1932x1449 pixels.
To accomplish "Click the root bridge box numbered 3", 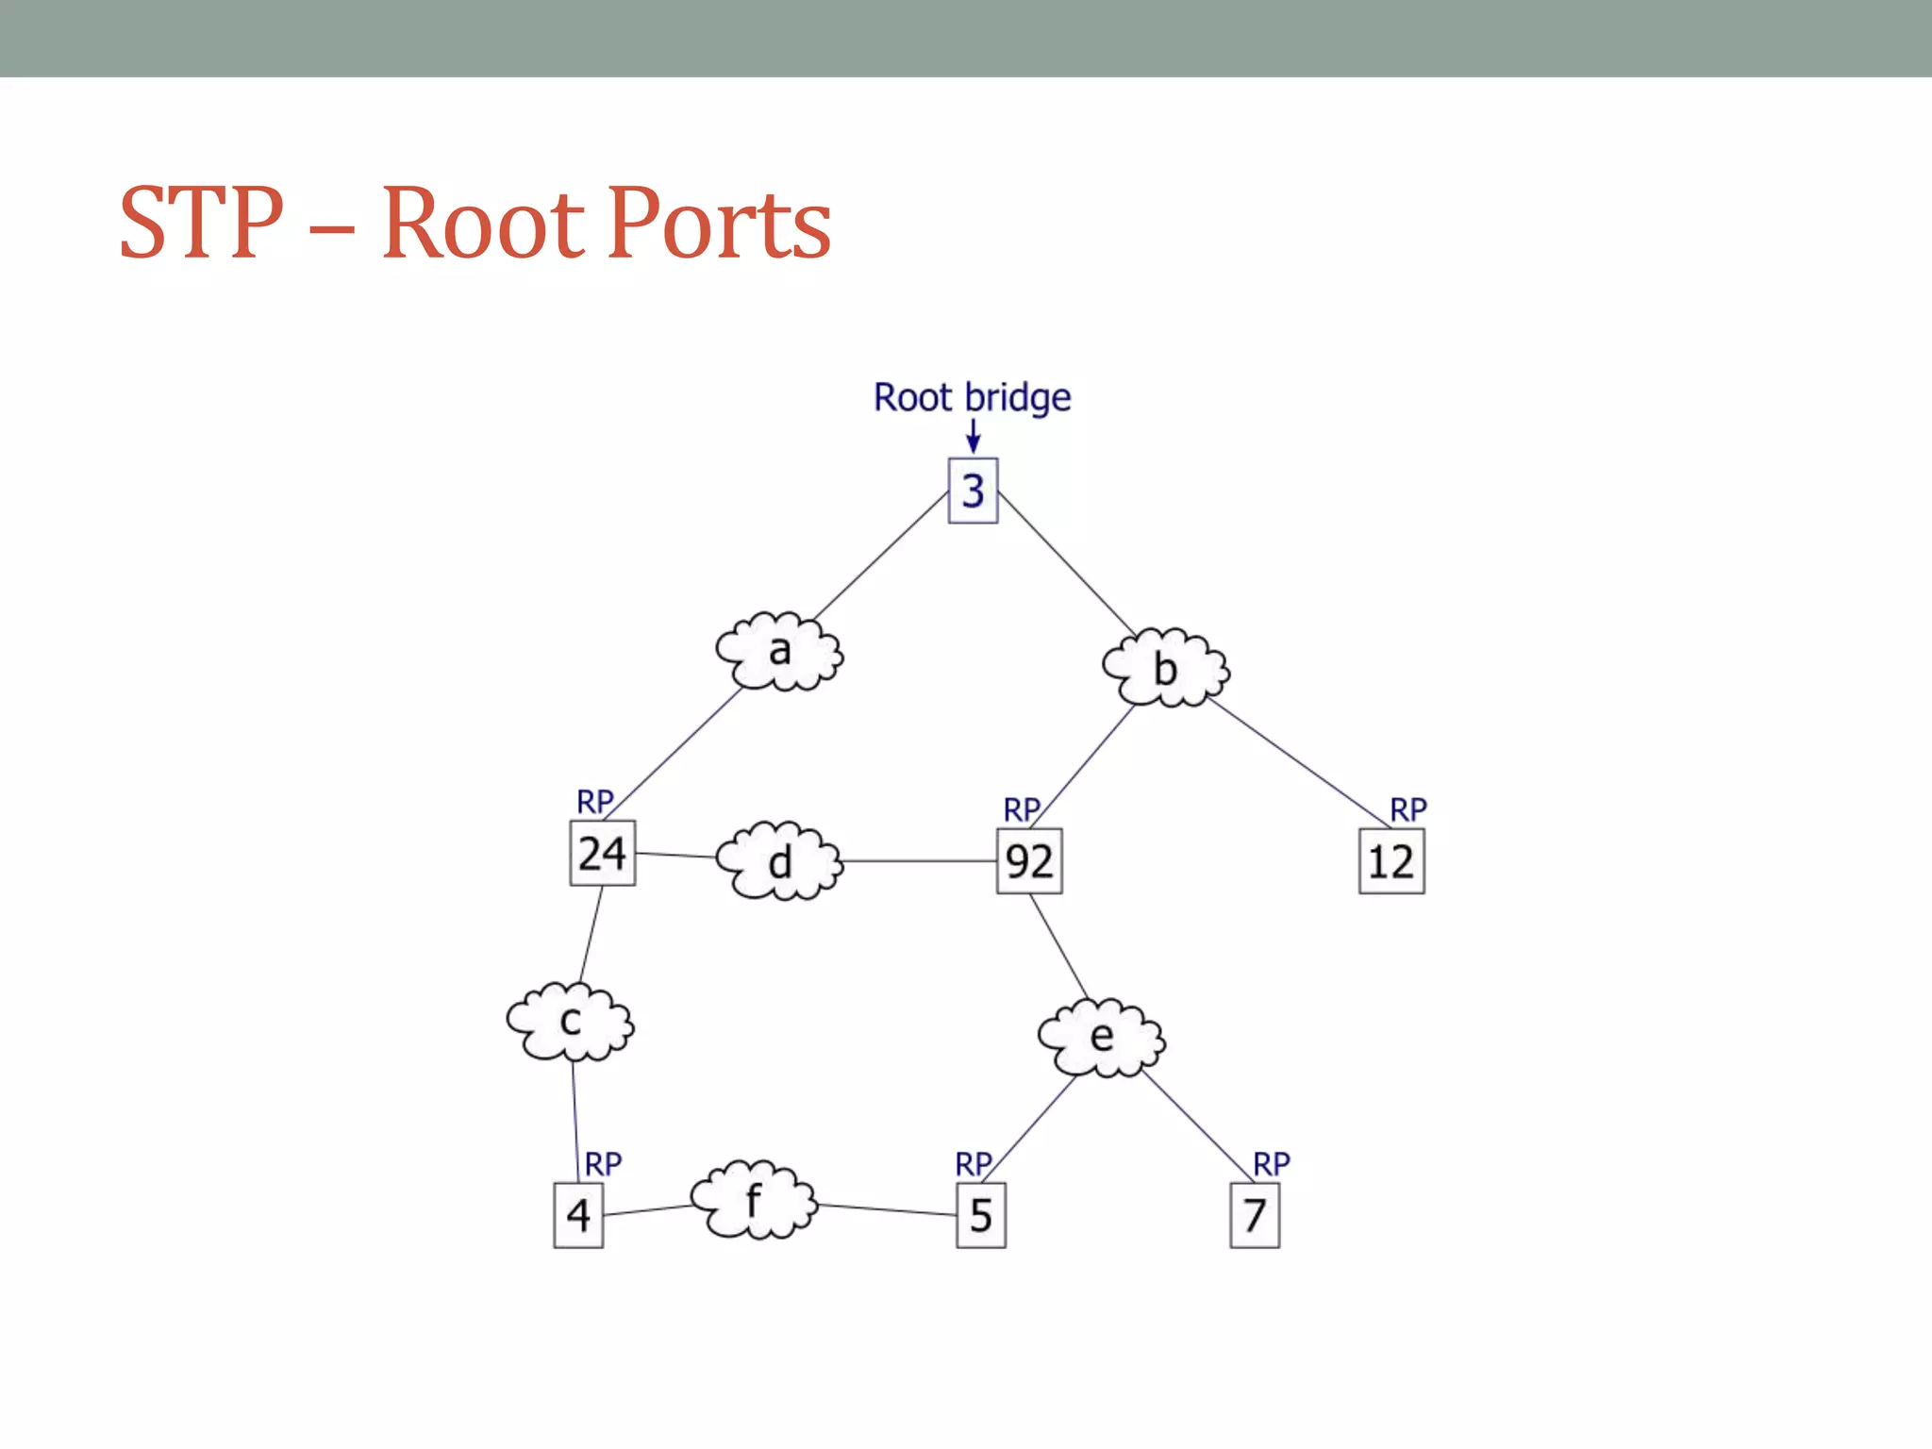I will point(973,491).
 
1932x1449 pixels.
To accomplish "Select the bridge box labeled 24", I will point(602,853).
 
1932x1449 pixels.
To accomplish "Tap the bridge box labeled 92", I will point(1029,860).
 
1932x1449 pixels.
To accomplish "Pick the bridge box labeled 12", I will point(1391,860).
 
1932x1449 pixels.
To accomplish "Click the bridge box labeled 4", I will point(578,1215).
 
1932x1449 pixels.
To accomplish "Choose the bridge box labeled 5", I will point(981,1215).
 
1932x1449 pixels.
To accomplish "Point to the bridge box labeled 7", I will point(1255,1215).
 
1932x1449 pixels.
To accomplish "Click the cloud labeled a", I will point(779,651).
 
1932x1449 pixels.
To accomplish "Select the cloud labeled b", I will point(1166,668).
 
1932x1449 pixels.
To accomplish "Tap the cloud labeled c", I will point(570,1022).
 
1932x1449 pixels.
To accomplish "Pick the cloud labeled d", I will point(779,861).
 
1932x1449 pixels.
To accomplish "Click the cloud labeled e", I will point(1101,1037).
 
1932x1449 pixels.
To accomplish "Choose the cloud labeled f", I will point(753,1200).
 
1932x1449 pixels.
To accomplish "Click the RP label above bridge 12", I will point(1408,809).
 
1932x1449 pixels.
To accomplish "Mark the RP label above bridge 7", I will point(1271,1163).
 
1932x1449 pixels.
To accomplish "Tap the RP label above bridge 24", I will point(594,802).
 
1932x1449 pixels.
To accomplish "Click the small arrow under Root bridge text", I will point(974,436).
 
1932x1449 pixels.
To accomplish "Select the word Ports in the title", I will point(720,225).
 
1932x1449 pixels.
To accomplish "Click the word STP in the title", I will point(201,225).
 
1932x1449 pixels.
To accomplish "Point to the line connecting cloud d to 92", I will point(920,861).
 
